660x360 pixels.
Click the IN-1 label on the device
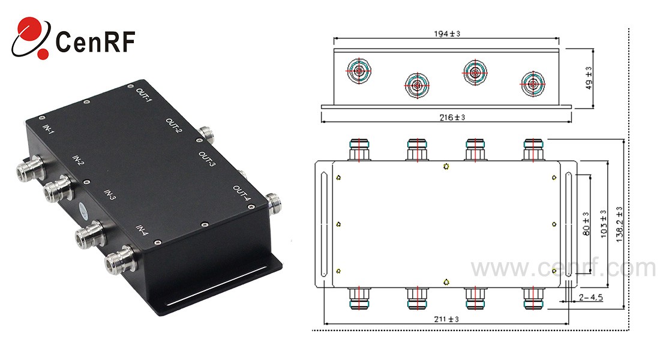(x=49, y=130)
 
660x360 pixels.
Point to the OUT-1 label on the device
(x=143, y=97)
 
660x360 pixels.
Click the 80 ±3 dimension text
(x=586, y=223)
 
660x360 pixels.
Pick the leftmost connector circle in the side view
(x=359, y=71)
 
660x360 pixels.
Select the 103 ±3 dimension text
(x=602, y=223)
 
